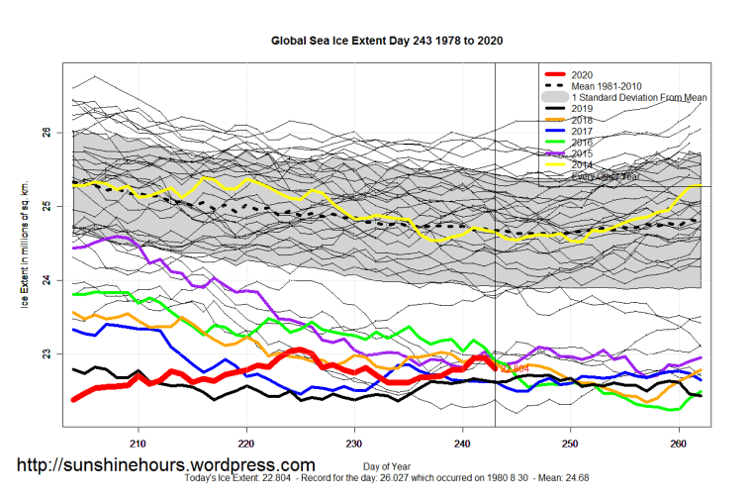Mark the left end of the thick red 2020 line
73,399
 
